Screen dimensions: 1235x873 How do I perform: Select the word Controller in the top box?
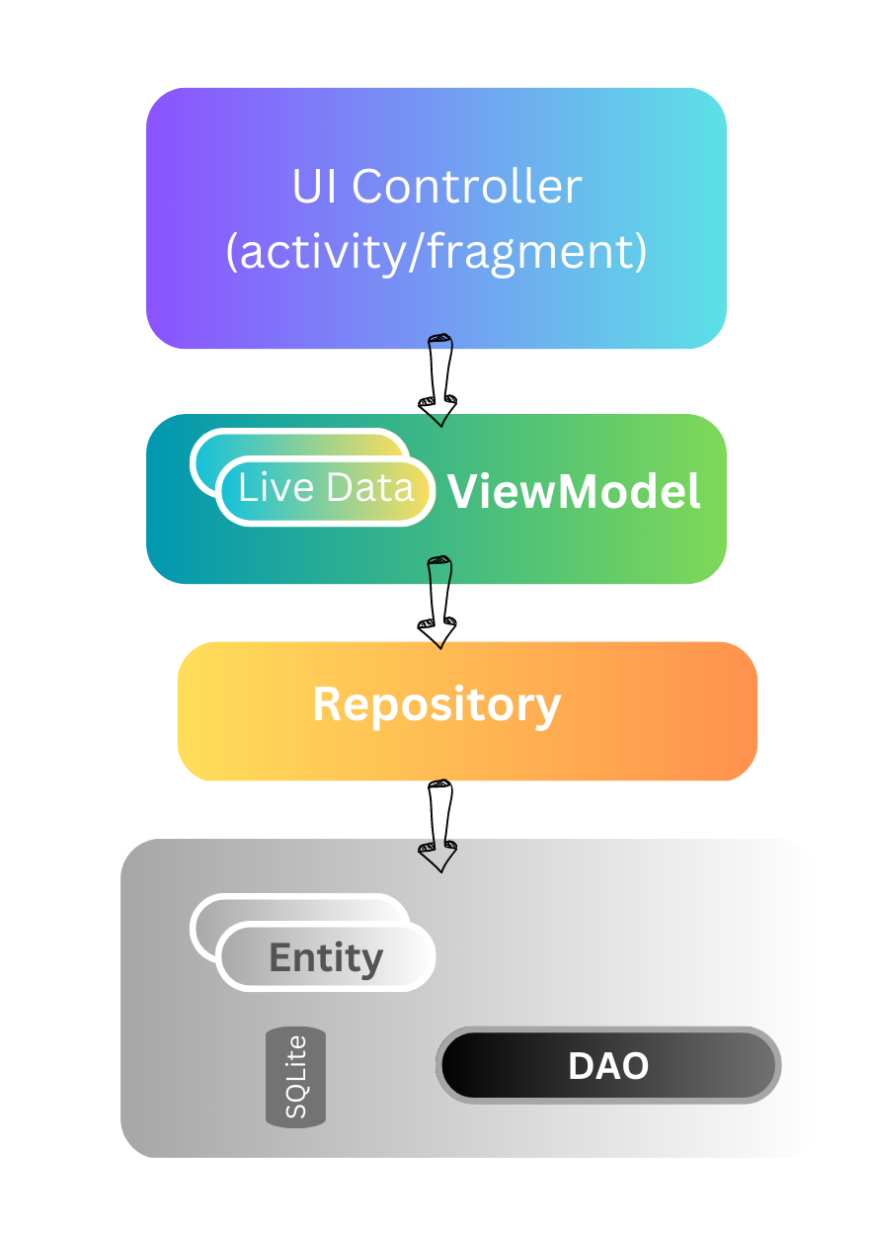467,187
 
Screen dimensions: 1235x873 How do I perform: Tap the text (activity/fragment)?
436,251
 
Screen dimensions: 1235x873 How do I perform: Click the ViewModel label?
575,491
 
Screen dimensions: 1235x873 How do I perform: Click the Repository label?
436,704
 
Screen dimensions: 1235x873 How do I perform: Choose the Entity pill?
326,957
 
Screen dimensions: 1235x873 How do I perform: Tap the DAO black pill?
608,1065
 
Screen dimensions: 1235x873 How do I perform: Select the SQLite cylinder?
295,1077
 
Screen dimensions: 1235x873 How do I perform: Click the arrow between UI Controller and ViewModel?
439,380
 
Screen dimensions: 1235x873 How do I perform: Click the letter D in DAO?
583,1066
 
